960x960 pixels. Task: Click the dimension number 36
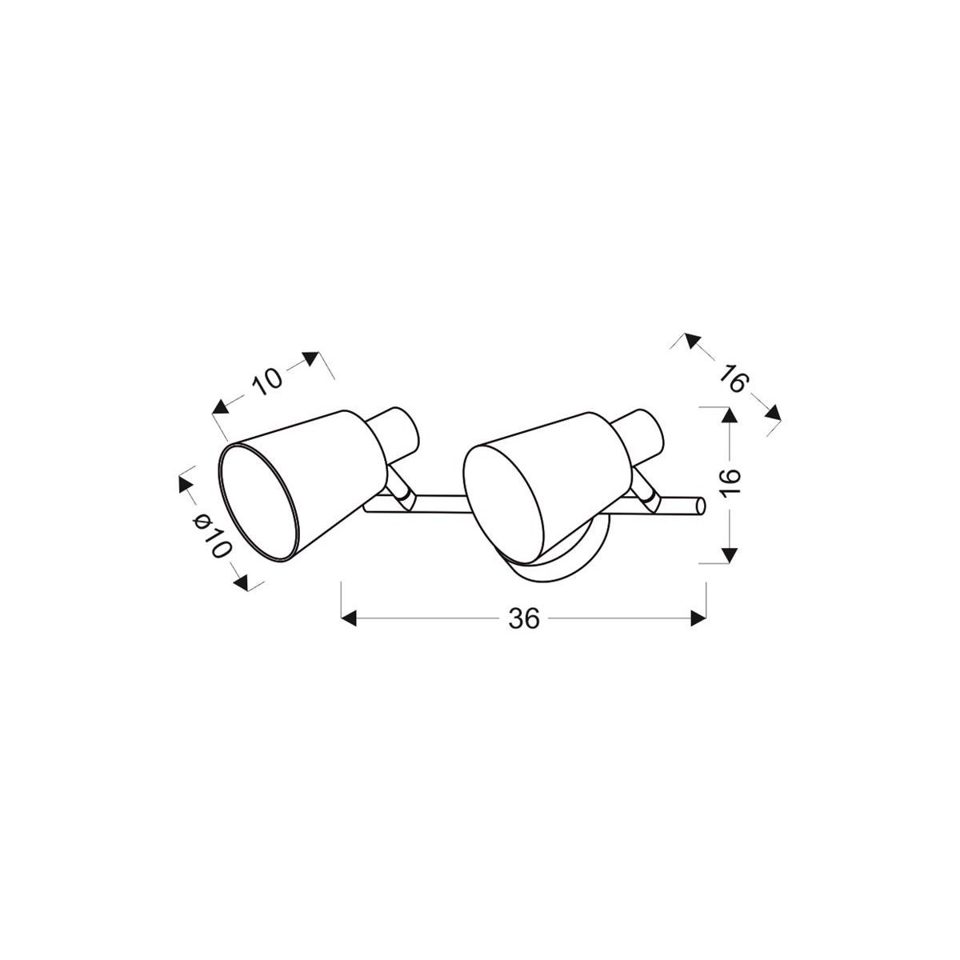(x=523, y=618)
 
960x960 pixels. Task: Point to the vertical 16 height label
(x=730, y=485)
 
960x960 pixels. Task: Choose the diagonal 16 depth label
(x=731, y=378)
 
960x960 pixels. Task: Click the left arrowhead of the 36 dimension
(x=348, y=618)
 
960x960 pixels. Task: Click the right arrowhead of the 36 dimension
(x=698, y=618)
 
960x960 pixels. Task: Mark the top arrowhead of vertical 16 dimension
(x=727, y=415)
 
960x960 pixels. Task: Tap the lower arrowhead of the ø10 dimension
(x=241, y=581)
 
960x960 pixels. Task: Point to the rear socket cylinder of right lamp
(x=644, y=437)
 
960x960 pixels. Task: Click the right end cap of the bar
(x=700, y=506)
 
